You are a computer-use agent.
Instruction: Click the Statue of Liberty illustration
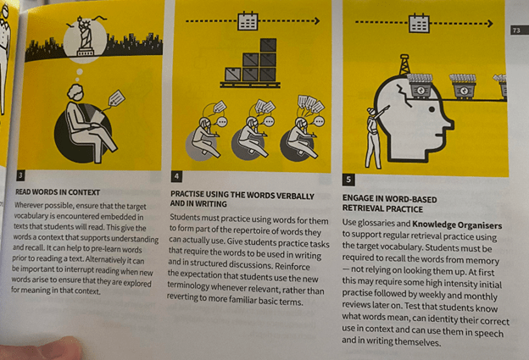pyautogui.click(x=84, y=36)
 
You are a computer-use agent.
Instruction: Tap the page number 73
pyautogui.click(x=516, y=30)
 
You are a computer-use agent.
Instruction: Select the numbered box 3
pyautogui.click(x=21, y=175)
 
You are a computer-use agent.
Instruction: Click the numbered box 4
pyautogui.click(x=176, y=176)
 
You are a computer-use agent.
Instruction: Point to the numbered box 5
pyautogui.click(x=348, y=180)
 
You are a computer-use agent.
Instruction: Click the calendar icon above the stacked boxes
pyautogui.click(x=248, y=21)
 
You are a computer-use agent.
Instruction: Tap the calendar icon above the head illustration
pyautogui.click(x=419, y=23)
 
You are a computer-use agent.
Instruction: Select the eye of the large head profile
pyautogui.click(x=432, y=109)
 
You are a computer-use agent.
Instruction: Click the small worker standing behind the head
pyautogui.click(x=375, y=137)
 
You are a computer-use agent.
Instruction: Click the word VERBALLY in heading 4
pyautogui.click(x=295, y=197)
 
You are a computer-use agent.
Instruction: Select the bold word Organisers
pyautogui.click(x=480, y=225)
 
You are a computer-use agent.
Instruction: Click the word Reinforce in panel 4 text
pyautogui.click(x=292, y=267)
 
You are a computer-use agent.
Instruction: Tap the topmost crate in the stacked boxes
pyautogui.click(x=268, y=45)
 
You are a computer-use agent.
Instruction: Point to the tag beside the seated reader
pyautogui.click(x=117, y=97)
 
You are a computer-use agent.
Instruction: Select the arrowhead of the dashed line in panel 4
pyautogui.click(x=317, y=21)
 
